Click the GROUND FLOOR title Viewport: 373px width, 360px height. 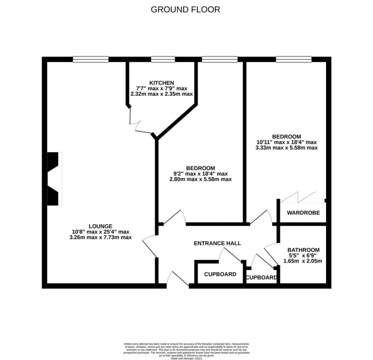[185, 9]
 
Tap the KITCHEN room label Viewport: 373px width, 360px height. [161, 83]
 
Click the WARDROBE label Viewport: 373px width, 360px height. [303, 213]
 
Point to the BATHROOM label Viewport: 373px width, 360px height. [303, 250]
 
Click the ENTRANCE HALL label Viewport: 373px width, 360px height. [217, 243]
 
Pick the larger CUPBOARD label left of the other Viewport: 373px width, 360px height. [220, 274]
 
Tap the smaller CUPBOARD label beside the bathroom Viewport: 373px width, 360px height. [261, 278]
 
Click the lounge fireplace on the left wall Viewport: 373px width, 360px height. [54, 179]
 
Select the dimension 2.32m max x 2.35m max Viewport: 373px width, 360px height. [161, 94]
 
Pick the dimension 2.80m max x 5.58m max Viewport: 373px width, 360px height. [200, 179]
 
